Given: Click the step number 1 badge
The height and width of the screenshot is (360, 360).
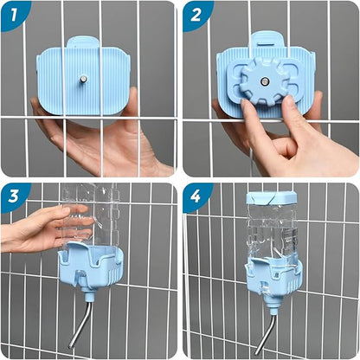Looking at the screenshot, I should [12, 13].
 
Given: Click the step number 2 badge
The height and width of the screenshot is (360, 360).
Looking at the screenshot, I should [196, 13].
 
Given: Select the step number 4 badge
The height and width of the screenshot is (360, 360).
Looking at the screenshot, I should [196, 196].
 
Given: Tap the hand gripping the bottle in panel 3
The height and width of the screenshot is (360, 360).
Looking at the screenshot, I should [35, 229].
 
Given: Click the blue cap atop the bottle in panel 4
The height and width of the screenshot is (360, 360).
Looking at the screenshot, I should [271, 198].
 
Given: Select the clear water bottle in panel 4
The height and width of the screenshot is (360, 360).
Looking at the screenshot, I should [271, 229].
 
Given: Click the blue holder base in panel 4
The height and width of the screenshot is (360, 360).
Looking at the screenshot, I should [272, 273].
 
